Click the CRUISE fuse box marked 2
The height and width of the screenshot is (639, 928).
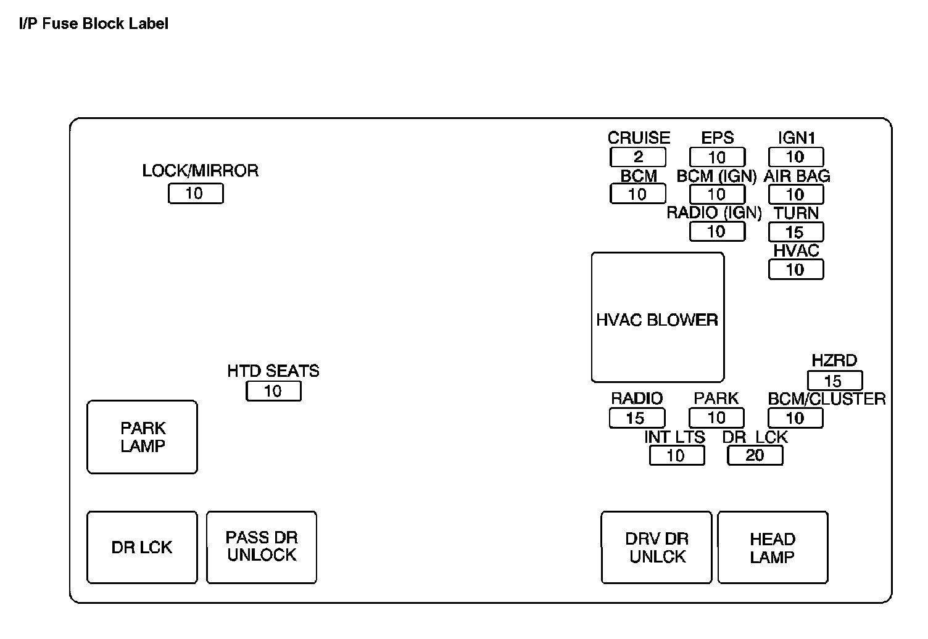(638, 157)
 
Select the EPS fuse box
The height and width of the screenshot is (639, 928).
(717, 157)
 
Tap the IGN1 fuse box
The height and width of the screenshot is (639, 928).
(796, 157)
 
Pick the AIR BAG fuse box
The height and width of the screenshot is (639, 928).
(796, 195)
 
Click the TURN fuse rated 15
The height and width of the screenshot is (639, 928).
(796, 233)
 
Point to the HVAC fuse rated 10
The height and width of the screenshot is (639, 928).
(796, 270)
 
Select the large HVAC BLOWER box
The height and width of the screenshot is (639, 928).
(658, 317)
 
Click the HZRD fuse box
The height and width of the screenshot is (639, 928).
(834, 381)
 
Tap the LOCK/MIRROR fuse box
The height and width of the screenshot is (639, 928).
(195, 194)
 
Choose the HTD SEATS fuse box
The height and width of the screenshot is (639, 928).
(273, 391)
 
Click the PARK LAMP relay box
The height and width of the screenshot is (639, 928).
(143, 437)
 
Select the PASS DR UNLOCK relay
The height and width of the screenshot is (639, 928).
(262, 547)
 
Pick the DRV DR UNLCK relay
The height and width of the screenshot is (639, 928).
(657, 547)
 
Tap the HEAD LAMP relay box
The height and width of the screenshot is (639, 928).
(773, 547)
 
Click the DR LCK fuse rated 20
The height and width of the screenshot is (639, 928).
(755, 455)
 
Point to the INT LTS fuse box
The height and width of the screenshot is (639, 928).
(677, 455)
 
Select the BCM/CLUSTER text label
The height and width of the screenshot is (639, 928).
(827, 399)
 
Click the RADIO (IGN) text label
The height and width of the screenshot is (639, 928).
(715, 213)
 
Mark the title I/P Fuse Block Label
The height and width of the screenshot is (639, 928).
(94, 24)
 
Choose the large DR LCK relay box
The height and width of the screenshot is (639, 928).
(143, 547)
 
